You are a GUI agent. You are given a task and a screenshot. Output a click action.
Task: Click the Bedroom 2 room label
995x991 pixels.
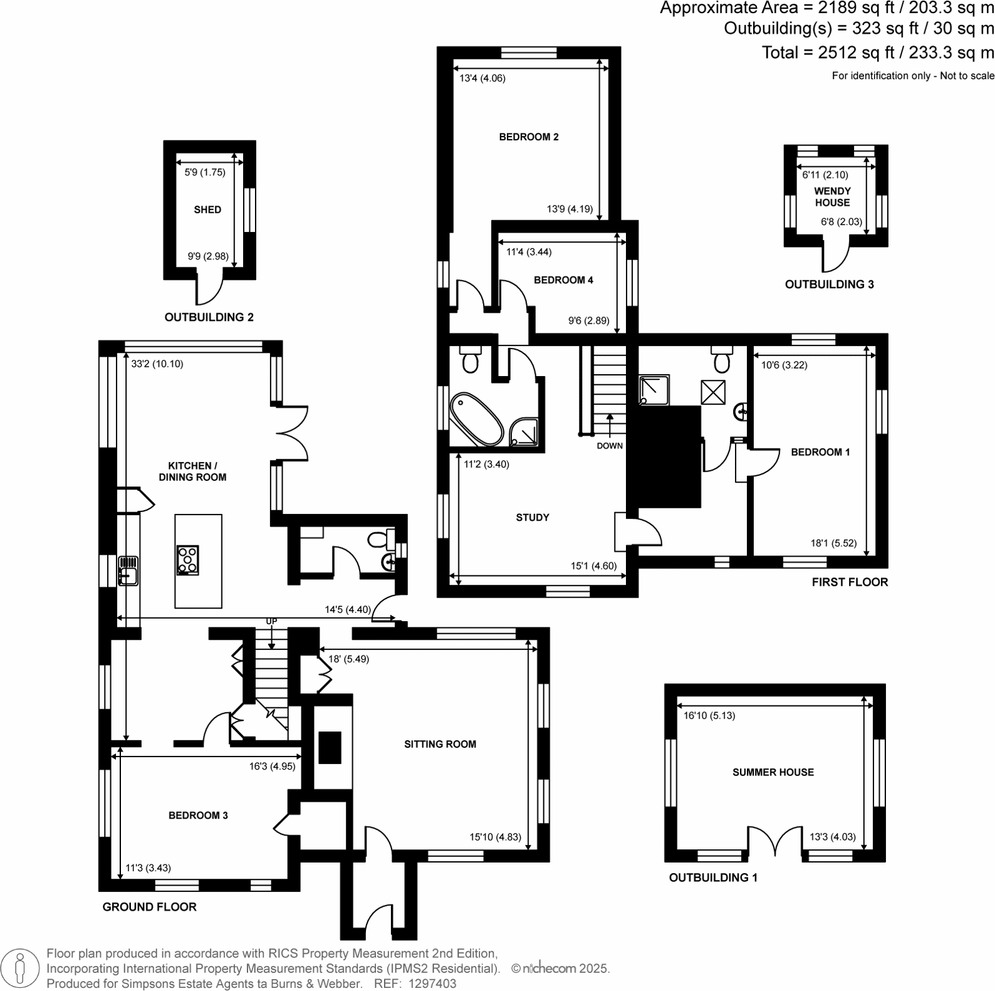coord(528,137)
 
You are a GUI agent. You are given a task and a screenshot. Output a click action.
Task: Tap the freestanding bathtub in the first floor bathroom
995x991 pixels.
coord(476,419)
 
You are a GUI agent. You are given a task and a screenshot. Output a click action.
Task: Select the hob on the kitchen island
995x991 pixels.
coord(188,560)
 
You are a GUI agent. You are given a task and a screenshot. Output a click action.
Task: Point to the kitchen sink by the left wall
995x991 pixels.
coord(128,570)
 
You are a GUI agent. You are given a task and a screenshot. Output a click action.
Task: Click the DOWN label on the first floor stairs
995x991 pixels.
coord(609,446)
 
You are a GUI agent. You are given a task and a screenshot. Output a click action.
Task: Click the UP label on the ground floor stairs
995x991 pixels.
coord(271,621)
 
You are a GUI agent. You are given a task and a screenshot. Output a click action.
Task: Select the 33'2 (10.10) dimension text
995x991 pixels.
coord(157,364)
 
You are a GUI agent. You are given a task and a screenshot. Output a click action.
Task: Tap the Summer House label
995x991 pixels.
coord(773,772)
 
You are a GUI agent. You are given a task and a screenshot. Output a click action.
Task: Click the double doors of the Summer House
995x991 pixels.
coord(775,842)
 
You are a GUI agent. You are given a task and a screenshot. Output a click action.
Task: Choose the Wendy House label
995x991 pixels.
coord(832,197)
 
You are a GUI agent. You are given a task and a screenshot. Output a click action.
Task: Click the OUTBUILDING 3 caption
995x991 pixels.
coord(829,284)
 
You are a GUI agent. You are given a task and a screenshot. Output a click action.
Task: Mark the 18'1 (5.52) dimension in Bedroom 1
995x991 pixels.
coord(833,543)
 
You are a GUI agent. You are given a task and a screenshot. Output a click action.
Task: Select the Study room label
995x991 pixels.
coord(532,517)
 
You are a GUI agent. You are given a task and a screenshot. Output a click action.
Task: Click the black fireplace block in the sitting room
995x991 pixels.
coord(330,747)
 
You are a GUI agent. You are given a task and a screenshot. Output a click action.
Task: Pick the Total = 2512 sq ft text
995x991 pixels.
coord(877,53)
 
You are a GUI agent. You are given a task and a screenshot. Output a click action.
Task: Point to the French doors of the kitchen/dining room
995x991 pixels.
coord(291,433)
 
